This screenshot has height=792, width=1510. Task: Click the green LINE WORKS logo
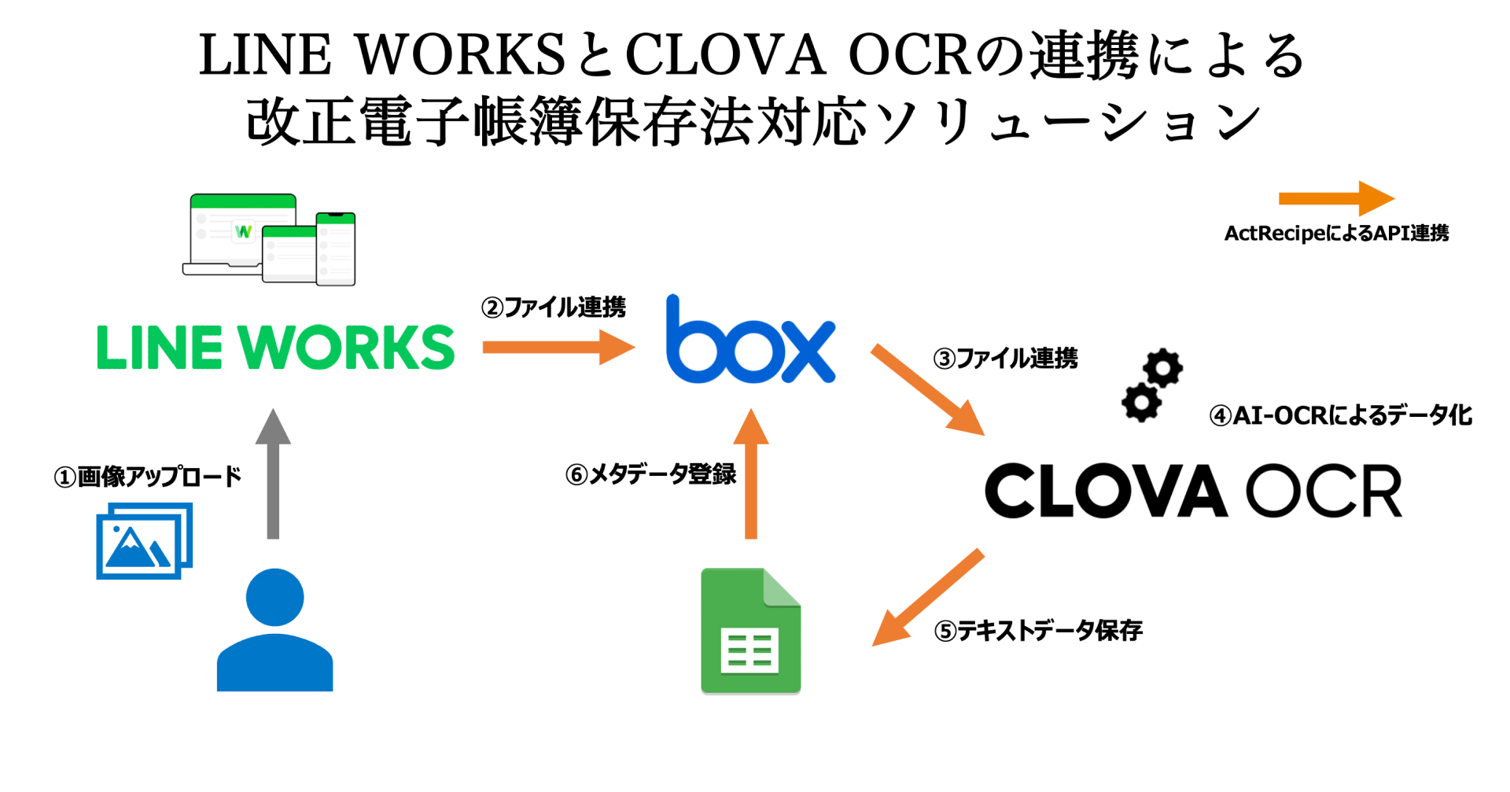[x=275, y=347]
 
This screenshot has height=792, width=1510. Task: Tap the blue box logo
[x=750, y=339]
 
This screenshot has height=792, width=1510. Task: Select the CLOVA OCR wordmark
[x=1193, y=490]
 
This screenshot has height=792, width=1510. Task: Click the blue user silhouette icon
[x=274, y=629]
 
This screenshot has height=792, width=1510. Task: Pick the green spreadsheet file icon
[x=750, y=631]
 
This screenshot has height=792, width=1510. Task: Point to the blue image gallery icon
[x=145, y=541]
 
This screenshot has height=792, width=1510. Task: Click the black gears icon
[x=1152, y=385]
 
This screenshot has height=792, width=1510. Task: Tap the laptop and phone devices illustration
[x=269, y=239]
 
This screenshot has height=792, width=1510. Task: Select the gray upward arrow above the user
[x=273, y=473]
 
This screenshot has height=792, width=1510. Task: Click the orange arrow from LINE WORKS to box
[x=558, y=347]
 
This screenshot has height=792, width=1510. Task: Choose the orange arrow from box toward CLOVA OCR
[x=928, y=389]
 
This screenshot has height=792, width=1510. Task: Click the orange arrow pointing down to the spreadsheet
[x=928, y=597]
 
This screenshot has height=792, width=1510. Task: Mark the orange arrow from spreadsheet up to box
[x=751, y=473]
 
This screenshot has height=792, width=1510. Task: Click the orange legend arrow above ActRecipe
[x=1337, y=198]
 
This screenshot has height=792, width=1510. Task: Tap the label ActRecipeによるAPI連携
[x=1336, y=234]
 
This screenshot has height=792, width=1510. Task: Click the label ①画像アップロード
[x=147, y=477]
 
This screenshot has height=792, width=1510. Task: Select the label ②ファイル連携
[x=554, y=307]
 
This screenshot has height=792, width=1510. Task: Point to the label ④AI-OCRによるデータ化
[x=1340, y=415]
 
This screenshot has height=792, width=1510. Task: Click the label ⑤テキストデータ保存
[x=1038, y=631]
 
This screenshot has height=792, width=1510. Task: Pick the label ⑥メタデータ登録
[x=650, y=474]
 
